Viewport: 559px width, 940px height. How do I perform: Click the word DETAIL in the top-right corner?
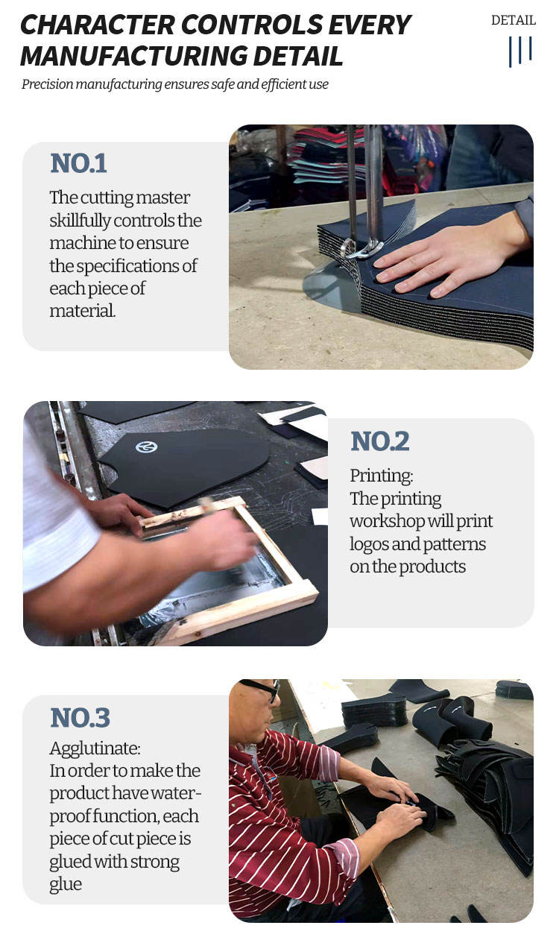click(514, 20)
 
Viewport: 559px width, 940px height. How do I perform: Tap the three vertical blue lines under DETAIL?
click(520, 51)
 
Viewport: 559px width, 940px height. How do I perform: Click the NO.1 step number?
click(78, 163)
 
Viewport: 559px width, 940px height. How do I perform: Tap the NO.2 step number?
click(380, 441)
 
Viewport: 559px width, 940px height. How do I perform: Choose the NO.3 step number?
click(80, 718)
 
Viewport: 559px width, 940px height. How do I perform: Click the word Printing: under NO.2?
click(382, 476)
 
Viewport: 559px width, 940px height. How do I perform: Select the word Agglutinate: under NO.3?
click(95, 748)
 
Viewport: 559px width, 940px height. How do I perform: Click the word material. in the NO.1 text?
click(82, 311)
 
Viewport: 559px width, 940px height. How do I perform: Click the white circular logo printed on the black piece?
click(147, 447)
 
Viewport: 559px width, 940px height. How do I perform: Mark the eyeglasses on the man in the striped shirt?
click(261, 689)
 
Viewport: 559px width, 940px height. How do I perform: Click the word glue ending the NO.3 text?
click(66, 884)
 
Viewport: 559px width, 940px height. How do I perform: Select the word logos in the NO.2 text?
click(369, 545)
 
